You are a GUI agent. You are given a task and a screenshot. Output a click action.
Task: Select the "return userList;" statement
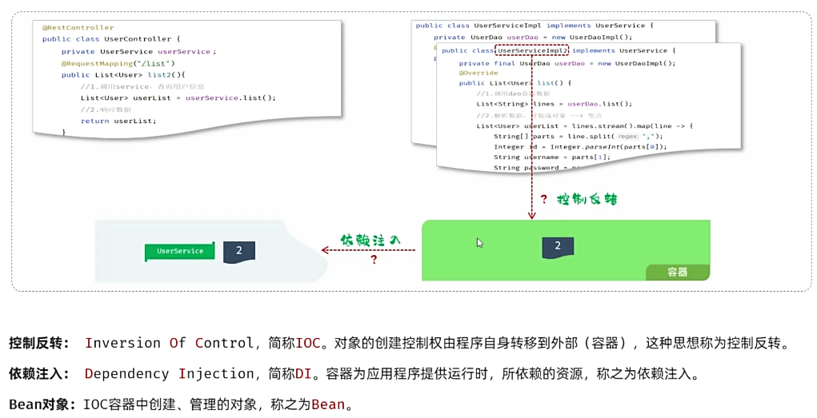pyautogui.click(x=118, y=121)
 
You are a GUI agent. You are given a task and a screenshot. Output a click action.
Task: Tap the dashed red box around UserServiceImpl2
pyautogui.click(x=532, y=50)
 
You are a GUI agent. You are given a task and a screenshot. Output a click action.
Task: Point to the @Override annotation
pyautogui.click(x=478, y=73)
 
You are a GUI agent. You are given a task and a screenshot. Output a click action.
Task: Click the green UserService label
pyautogui.click(x=180, y=251)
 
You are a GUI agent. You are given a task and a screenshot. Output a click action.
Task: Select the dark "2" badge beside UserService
pyautogui.click(x=238, y=251)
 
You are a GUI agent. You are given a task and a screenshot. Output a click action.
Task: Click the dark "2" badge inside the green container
pyautogui.click(x=558, y=246)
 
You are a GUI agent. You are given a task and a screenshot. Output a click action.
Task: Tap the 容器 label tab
pyautogui.click(x=677, y=272)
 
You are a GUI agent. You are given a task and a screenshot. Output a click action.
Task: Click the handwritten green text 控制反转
pyautogui.click(x=587, y=199)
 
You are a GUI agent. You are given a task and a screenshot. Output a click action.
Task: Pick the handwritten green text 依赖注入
pyautogui.click(x=370, y=240)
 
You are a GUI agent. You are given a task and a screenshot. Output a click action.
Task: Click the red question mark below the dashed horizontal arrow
pyautogui.click(x=373, y=260)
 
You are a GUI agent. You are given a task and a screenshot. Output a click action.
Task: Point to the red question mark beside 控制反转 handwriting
pyautogui.click(x=544, y=200)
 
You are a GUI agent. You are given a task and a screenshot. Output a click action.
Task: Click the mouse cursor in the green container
pyautogui.click(x=480, y=243)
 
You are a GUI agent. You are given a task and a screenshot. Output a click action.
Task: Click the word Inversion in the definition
pyautogui.click(x=123, y=344)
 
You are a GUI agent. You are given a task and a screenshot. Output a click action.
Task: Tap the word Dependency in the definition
pyautogui.click(x=126, y=374)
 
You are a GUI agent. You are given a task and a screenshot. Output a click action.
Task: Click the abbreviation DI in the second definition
pyautogui.click(x=302, y=374)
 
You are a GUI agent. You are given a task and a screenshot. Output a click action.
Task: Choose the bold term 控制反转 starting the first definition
pyautogui.click(x=39, y=344)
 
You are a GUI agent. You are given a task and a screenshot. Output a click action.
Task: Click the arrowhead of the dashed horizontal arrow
pyautogui.click(x=325, y=250)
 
